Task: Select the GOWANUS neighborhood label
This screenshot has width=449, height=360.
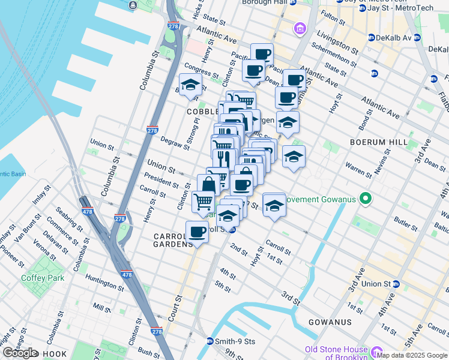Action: pyautogui.click(x=330, y=322)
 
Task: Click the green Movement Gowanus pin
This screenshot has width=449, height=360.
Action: pyautogui.click(x=364, y=199)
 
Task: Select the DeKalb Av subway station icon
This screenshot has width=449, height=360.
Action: pyautogui.click(x=371, y=37)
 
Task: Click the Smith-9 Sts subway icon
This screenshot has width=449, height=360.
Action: pyautogui.click(x=210, y=341)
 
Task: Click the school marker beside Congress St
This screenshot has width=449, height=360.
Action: pyautogui.click(x=190, y=85)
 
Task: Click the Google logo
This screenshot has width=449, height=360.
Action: pyautogui.click(x=20, y=353)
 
